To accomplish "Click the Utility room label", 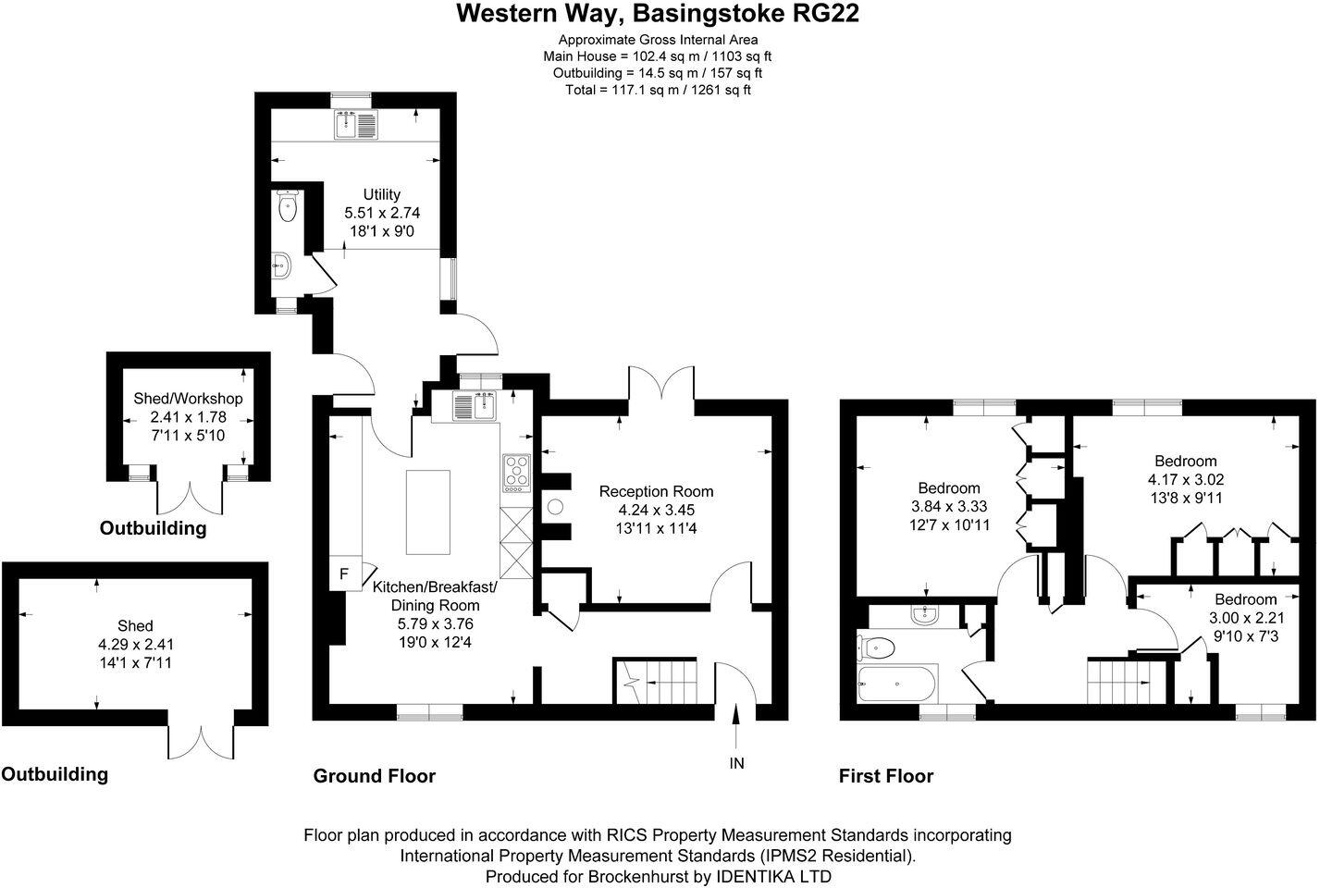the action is pyautogui.click(x=381, y=194).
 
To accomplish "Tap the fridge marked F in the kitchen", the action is pyautogui.click(x=344, y=573).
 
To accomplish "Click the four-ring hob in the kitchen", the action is pyautogui.click(x=516, y=472).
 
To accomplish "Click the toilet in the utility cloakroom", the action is pyautogui.click(x=287, y=207).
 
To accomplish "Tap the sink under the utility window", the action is pyautogui.click(x=355, y=125).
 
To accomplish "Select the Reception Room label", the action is pyautogui.click(x=656, y=491).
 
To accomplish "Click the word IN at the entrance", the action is pyautogui.click(x=736, y=763).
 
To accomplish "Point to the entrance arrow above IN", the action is pyautogui.click(x=736, y=726).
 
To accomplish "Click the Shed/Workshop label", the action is pyautogui.click(x=188, y=399).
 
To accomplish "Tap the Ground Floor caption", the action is pyautogui.click(x=374, y=776).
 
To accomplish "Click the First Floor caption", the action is pyautogui.click(x=885, y=776).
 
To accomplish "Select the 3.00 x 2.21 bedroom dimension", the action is pyautogui.click(x=1245, y=618).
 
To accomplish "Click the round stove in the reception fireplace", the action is pyautogui.click(x=556, y=507).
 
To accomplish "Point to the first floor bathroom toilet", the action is pyautogui.click(x=878, y=647).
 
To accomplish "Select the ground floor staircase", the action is pyautogui.click(x=660, y=687).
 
